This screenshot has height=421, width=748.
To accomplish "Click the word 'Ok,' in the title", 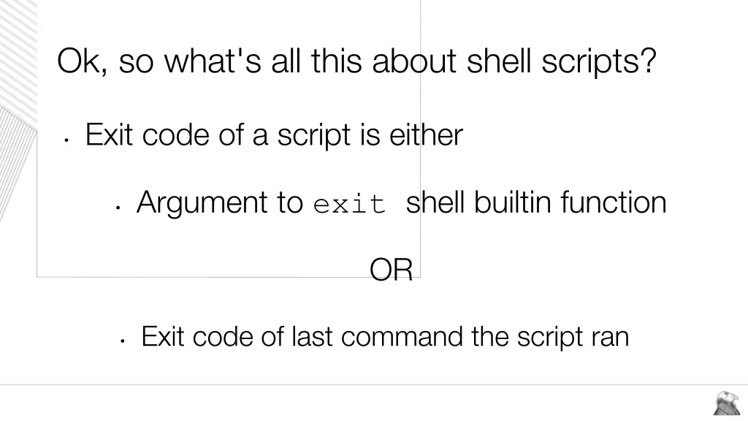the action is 83,61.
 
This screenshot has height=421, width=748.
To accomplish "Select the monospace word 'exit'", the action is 349,205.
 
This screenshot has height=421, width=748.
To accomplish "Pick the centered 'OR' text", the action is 392,270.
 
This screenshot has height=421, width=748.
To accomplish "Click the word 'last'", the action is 313,337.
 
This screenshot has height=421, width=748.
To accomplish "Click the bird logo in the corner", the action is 726,403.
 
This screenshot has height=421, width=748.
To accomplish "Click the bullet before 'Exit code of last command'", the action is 123,341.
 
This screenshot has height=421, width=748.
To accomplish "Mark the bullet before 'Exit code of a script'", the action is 66,140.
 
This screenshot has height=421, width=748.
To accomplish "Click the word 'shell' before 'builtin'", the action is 435,202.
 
